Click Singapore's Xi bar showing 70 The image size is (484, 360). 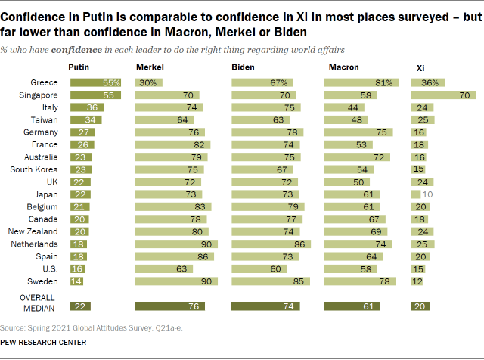(x=443, y=96)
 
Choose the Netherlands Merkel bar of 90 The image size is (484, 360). (x=176, y=244)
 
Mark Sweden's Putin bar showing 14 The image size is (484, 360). (x=76, y=281)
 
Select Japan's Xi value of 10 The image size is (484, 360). (x=428, y=194)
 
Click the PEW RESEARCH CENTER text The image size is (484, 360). (x=43, y=342)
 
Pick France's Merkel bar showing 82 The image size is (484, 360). (x=173, y=145)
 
